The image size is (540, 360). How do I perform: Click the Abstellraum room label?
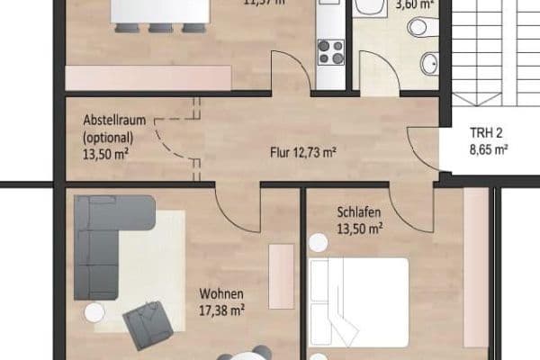(109, 121)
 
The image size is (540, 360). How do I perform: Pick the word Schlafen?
(359, 212)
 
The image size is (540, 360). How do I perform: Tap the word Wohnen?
(220, 294)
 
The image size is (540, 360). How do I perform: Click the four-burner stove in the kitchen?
(330, 52)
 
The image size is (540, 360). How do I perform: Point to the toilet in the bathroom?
(418, 28)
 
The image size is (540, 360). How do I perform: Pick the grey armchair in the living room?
(148, 324)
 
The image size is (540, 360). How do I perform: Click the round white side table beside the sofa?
(94, 312)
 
